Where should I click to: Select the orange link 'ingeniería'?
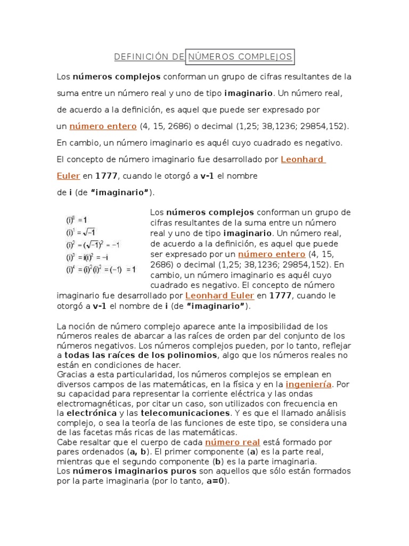click(308, 384)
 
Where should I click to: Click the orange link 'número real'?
click(232, 442)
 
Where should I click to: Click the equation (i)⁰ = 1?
click(77, 219)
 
